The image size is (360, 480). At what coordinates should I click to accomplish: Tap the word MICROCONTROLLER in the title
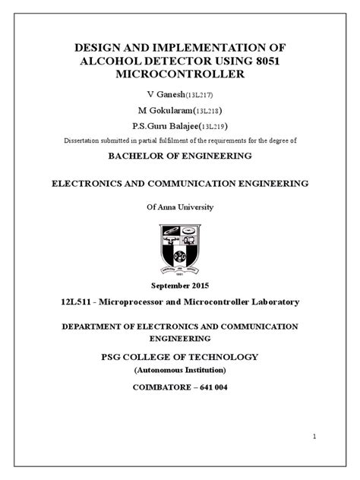pos(179,74)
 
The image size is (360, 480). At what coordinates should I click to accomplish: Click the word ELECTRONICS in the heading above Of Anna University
pos(84,183)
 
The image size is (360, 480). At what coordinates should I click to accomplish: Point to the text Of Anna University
pos(179,207)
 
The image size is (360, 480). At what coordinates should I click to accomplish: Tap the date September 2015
pos(179,287)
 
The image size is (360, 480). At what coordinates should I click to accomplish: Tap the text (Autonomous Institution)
pos(179,370)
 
